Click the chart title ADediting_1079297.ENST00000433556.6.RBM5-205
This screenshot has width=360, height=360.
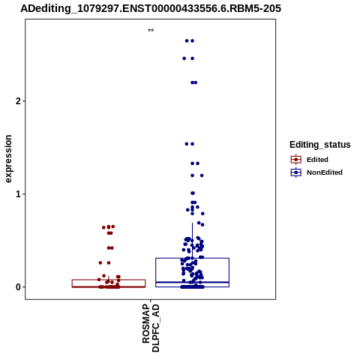151,9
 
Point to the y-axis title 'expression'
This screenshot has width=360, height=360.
8,159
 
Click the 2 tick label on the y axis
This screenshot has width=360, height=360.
18,101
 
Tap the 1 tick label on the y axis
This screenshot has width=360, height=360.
18,194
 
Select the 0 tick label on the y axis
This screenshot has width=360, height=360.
18,287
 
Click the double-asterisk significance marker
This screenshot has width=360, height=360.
151,31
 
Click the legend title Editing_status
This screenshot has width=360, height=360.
320,145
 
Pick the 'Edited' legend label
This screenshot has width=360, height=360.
317,160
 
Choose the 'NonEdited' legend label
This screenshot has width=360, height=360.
325,172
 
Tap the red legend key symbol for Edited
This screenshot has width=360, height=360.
296,160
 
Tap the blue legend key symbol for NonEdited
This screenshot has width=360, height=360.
296,172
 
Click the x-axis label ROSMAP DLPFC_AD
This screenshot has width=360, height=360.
151,328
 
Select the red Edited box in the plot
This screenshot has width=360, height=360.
109,280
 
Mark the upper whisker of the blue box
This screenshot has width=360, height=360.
192,241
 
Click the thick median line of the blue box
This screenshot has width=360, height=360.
192,282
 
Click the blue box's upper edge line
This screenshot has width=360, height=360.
192,258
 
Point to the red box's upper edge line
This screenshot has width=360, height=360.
109,280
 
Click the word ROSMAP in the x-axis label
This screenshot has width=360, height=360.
146,324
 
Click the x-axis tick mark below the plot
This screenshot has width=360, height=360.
151,301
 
